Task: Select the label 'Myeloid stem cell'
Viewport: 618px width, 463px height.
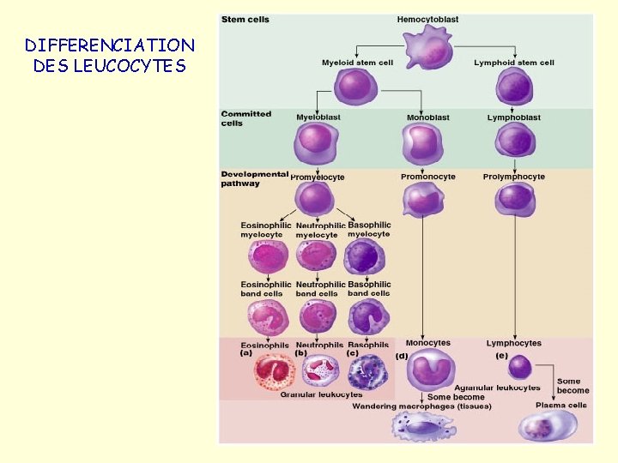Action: tap(357, 63)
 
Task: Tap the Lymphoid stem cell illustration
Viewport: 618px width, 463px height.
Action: tap(514, 87)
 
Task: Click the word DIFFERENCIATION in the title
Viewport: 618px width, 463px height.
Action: tap(110, 45)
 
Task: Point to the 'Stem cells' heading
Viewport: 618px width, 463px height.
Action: tap(246, 20)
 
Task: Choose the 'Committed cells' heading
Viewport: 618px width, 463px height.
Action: tap(246, 118)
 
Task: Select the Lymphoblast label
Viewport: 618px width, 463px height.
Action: tap(513, 117)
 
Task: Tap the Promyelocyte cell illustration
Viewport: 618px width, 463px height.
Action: tap(316, 200)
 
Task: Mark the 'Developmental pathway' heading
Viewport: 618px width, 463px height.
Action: tap(254, 178)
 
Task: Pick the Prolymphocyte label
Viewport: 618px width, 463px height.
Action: tap(513, 177)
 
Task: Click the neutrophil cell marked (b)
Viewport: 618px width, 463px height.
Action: tap(320, 370)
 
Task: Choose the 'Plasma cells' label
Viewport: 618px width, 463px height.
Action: tap(561, 405)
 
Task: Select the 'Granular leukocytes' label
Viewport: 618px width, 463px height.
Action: tap(321, 394)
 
